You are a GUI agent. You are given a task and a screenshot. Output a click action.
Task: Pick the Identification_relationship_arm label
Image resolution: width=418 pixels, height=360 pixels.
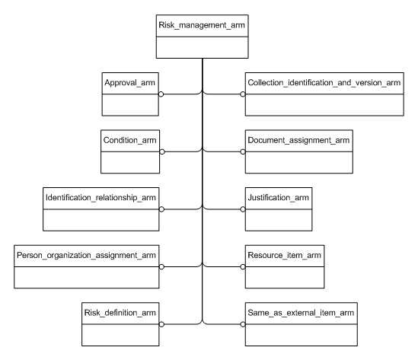[x=101, y=197]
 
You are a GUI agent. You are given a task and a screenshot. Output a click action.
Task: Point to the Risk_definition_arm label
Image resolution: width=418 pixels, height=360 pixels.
[x=122, y=312]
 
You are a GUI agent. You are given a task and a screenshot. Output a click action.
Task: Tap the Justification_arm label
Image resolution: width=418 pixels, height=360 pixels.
[x=279, y=197]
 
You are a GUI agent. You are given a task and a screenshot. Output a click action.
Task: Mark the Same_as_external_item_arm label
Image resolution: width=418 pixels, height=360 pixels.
[x=300, y=312]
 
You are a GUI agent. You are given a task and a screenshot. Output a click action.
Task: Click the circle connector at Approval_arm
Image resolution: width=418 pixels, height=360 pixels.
[x=162, y=94]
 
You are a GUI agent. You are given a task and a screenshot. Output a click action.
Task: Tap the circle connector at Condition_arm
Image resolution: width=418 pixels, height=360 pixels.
[x=162, y=152]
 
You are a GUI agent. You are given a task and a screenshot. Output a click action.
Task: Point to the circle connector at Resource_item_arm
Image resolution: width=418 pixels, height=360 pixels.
[x=244, y=267]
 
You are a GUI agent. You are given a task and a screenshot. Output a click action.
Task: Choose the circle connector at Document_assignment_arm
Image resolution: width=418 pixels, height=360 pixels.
[x=244, y=152]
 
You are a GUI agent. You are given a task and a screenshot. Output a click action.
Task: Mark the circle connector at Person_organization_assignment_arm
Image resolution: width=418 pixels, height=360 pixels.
[x=162, y=267]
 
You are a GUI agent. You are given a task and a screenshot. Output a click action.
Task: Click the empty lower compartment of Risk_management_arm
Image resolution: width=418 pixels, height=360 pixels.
[x=203, y=47]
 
